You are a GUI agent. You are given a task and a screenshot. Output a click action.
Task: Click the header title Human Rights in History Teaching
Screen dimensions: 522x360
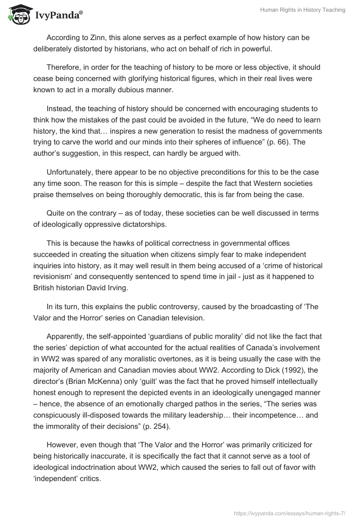(302, 10)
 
